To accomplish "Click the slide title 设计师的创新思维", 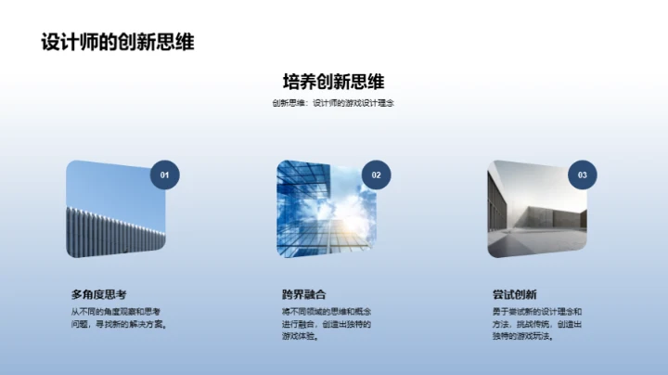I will pyautogui.click(x=117, y=42).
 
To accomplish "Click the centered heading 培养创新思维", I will pyautogui.click(x=333, y=80).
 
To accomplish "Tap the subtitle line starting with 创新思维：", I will pyautogui.click(x=333, y=103).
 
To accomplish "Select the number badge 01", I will pyautogui.click(x=165, y=175).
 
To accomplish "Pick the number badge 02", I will pyautogui.click(x=376, y=175).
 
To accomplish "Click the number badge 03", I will pyautogui.click(x=582, y=175).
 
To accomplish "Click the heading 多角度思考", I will pyautogui.click(x=99, y=294).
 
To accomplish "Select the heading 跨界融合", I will pyautogui.click(x=304, y=294).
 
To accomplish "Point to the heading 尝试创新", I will pyautogui.click(x=515, y=294).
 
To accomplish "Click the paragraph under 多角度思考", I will pyautogui.click(x=119, y=317).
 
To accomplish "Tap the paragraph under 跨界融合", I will pyautogui.click(x=328, y=323).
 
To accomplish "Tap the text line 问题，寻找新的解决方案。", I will pyautogui.click(x=119, y=323).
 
